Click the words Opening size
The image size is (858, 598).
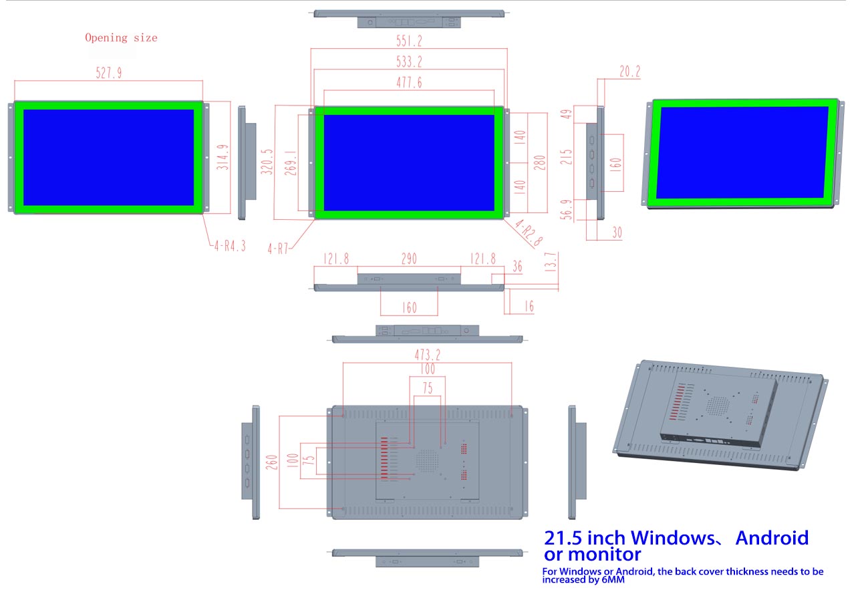click(121, 38)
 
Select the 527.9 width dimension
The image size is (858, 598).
click(108, 73)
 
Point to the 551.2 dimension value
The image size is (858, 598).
click(409, 41)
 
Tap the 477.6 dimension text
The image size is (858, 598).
click(408, 83)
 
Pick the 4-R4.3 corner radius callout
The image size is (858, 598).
click(230, 246)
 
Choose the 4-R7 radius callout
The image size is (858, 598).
click(279, 249)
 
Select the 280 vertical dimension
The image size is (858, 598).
click(539, 162)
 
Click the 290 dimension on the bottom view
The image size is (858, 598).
click(409, 259)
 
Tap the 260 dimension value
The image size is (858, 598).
click(272, 463)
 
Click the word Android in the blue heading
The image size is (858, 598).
click(772, 538)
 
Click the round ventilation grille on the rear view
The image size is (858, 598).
click(427, 459)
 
